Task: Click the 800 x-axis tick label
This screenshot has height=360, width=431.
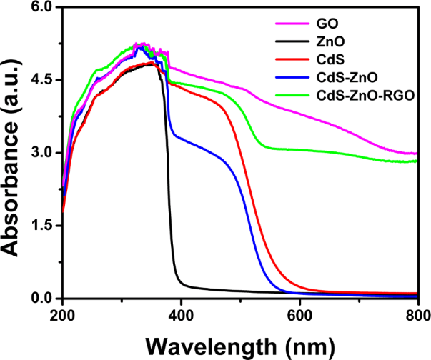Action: (417, 315)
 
